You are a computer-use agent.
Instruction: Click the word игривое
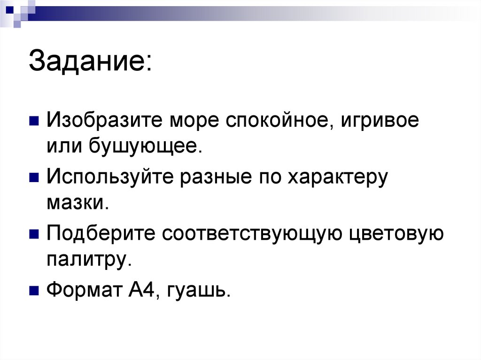pyautogui.click(x=380, y=122)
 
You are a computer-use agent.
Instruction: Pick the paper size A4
pyautogui.click(x=140, y=291)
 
